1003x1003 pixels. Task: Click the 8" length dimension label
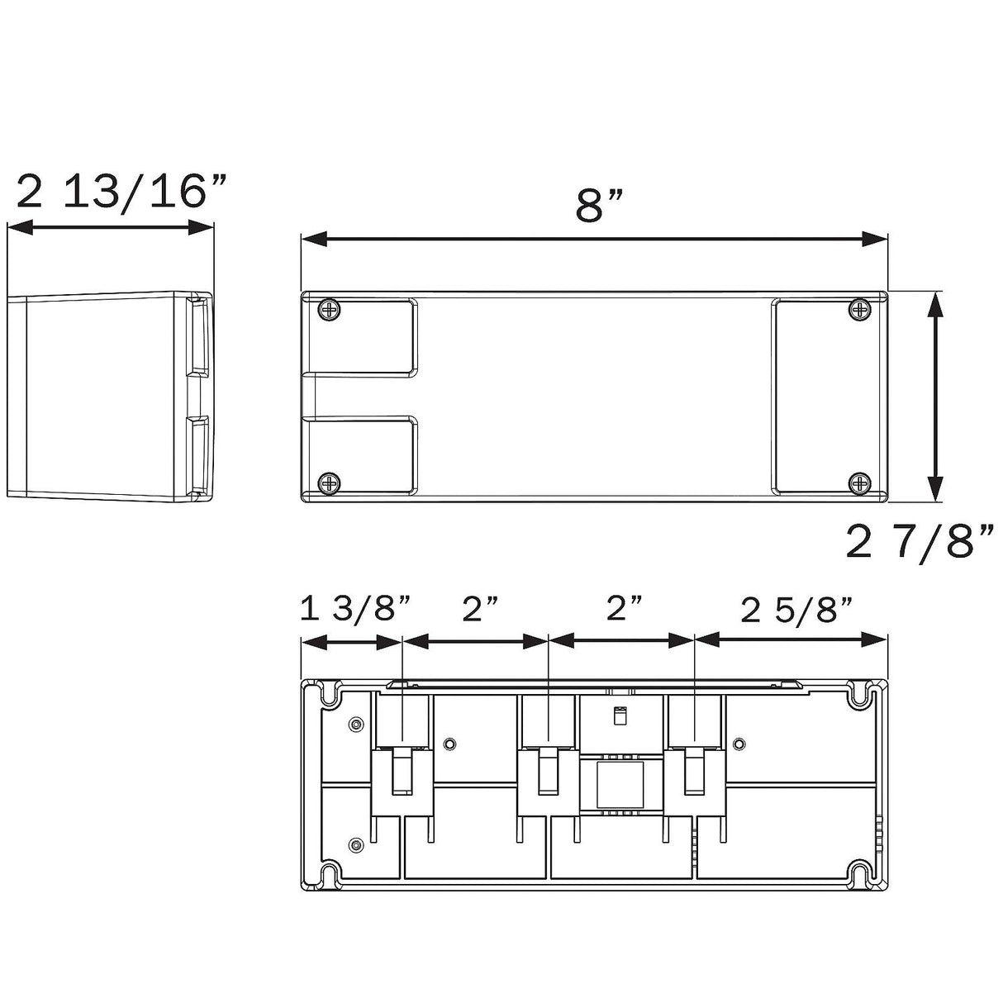(x=599, y=206)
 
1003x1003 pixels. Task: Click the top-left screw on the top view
(x=330, y=310)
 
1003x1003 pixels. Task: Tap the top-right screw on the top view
(x=859, y=310)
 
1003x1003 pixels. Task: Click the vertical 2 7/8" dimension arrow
(x=936, y=397)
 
